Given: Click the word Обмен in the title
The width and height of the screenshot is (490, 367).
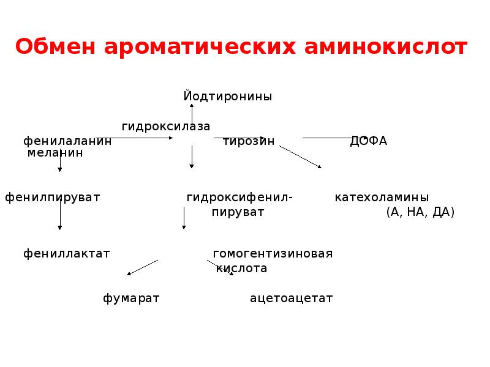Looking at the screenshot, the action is pyautogui.click(x=55, y=46).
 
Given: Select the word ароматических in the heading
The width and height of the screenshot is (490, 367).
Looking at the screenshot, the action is pyautogui.click(x=200, y=47).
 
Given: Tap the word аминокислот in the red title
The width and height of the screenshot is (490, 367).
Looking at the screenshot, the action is pyautogui.click(x=386, y=47).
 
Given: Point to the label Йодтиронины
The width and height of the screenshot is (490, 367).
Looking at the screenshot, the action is pyautogui.click(x=227, y=96).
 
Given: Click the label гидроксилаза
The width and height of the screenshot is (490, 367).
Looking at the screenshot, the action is pyautogui.click(x=165, y=126).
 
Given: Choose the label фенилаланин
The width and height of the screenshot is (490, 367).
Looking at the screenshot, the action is pyautogui.click(x=67, y=141).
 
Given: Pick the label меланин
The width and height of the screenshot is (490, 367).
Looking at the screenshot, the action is pyautogui.click(x=55, y=152).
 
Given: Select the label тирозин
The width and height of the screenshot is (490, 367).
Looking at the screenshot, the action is pyautogui.click(x=249, y=141).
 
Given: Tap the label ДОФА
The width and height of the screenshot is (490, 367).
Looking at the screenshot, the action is pyautogui.click(x=369, y=141).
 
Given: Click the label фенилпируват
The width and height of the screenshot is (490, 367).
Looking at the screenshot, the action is pyautogui.click(x=53, y=198).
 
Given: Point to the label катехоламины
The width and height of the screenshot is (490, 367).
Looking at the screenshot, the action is pyautogui.click(x=382, y=197).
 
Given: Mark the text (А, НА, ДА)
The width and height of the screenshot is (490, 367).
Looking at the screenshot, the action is pyautogui.click(x=420, y=212).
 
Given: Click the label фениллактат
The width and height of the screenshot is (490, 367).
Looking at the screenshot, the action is pyautogui.click(x=67, y=253).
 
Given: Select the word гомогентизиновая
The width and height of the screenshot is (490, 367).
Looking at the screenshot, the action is pyautogui.click(x=273, y=253).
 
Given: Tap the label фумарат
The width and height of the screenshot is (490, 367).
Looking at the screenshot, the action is pyautogui.click(x=131, y=298).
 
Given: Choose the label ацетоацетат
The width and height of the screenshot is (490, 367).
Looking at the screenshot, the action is pyautogui.click(x=292, y=298).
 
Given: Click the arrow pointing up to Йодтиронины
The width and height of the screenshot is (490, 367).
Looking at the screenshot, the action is pyautogui.click(x=192, y=114).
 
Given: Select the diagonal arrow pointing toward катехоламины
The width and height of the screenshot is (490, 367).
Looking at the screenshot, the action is pyautogui.click(x=300, y=157).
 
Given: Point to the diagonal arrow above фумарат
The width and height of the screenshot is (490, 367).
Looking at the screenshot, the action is pyautogui.click(x=142, y=267).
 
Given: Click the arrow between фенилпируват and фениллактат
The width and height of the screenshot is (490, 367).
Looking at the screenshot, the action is pyautogui.click(x=59, y=215).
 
